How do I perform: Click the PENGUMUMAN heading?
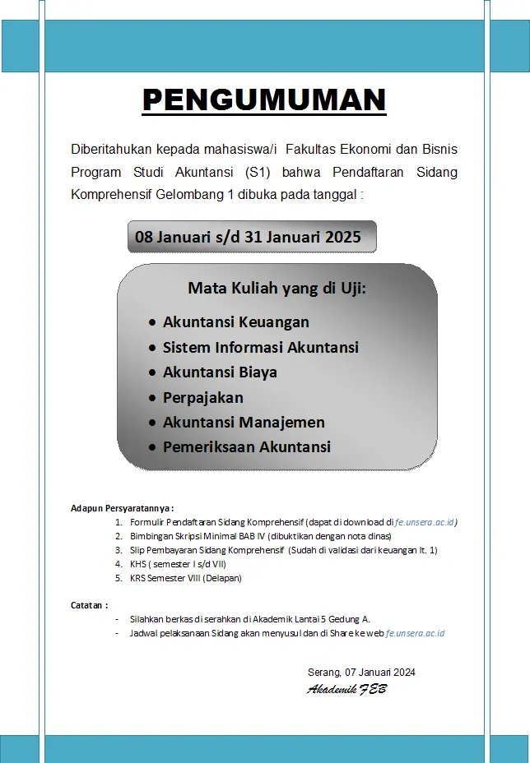point(264,100)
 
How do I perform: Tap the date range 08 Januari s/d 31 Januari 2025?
point(248,237)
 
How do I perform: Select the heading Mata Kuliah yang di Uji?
point(277,289)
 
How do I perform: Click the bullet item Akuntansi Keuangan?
point(235,321)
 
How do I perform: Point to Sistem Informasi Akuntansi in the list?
point(260,347)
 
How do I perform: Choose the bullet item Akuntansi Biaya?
point(220,372)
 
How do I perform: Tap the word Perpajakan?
point(202,397)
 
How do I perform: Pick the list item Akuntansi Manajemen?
point(244,422)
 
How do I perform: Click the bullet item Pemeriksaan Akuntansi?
point(246,447)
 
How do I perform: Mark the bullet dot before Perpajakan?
point(152,398)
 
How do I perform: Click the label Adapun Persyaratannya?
point(122,509)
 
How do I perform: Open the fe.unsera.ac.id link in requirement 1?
point(425,522)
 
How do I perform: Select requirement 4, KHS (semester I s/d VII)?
point(178,564)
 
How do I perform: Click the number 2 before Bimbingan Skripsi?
point(119,536)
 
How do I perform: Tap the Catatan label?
point(89,605)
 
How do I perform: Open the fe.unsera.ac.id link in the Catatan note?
point(415,633)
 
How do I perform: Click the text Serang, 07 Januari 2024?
point(361,672)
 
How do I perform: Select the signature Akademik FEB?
point(346,689)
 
